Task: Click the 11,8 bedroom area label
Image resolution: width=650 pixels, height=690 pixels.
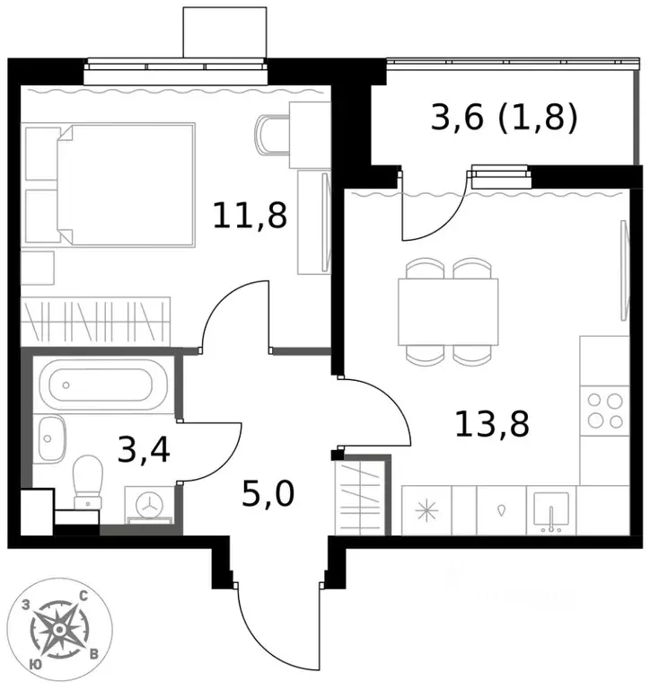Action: [250, 216]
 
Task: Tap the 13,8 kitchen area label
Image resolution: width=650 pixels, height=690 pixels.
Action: [492, 424]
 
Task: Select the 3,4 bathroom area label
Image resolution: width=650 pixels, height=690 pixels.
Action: [144, 450]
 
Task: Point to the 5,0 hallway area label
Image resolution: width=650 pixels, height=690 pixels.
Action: [268, 493]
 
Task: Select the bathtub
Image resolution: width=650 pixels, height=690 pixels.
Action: [103, 385]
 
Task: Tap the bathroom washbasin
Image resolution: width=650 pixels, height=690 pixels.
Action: [51, 438]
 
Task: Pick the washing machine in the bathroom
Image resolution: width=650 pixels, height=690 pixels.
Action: [150, 505]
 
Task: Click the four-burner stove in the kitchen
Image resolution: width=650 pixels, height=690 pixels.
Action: [605, 411]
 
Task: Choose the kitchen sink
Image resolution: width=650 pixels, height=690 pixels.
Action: [550, 510]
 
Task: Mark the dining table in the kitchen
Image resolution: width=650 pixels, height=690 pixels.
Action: [448, 312]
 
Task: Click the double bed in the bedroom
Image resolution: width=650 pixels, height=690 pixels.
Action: [126, 185]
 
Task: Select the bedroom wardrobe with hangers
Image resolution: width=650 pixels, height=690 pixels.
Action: [95, 322]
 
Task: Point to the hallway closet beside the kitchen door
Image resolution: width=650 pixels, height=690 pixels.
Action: [360, 496]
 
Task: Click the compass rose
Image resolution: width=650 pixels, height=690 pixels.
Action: [60, 630]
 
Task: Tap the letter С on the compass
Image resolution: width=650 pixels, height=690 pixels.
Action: [83, 597]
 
